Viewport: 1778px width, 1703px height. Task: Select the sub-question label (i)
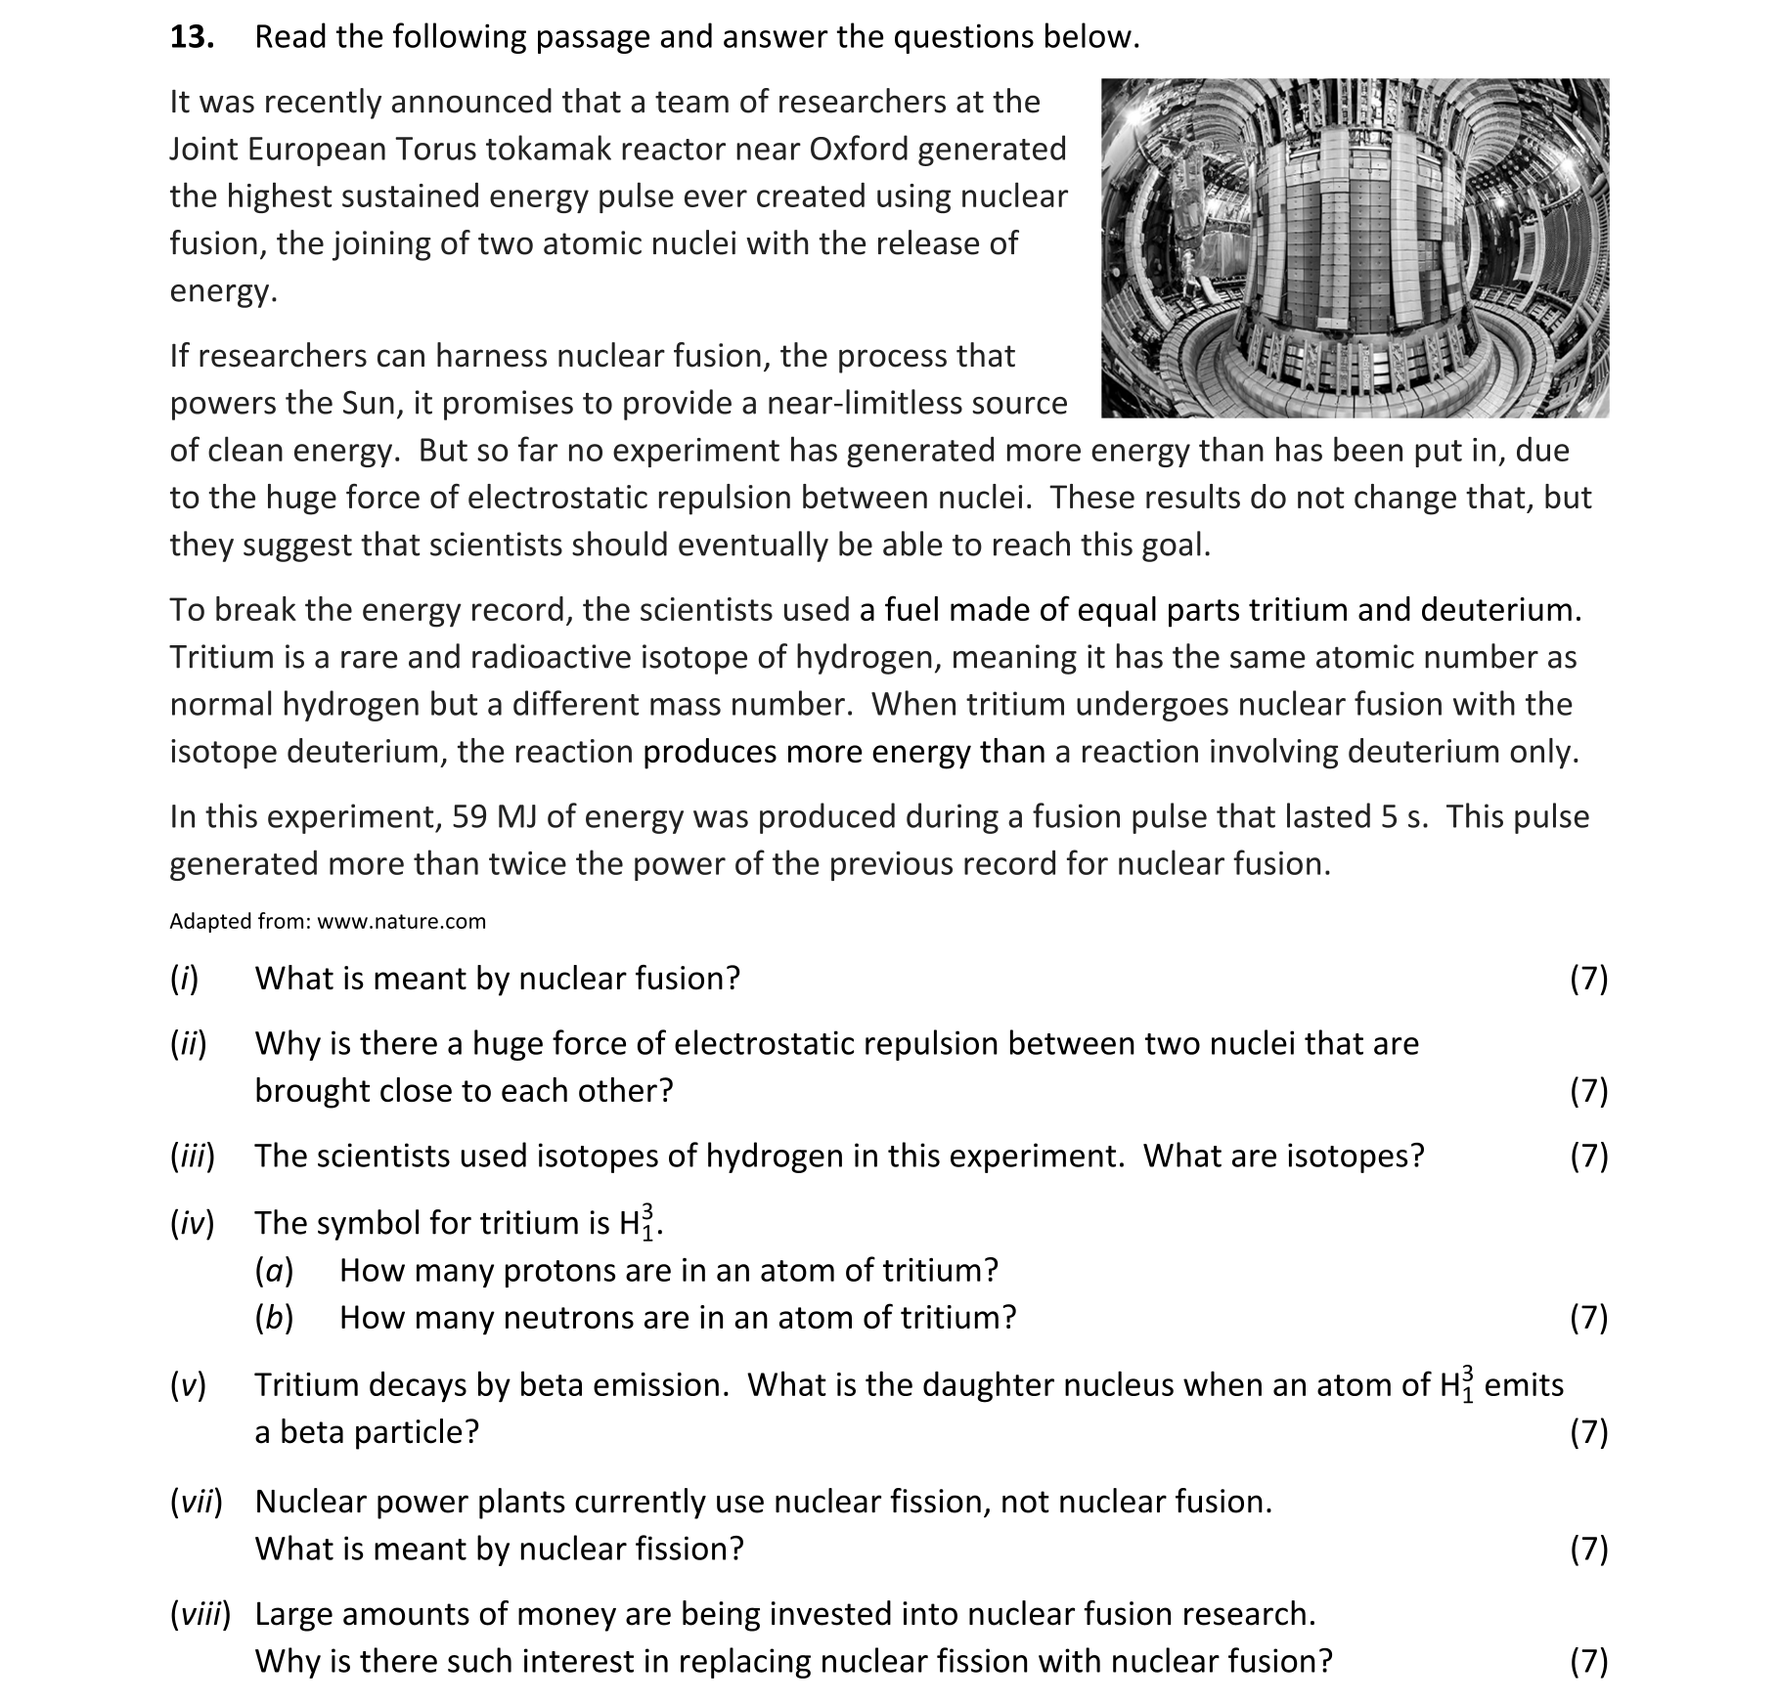[x=184, y=979]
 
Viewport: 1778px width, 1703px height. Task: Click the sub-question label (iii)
[x=192, y=1157]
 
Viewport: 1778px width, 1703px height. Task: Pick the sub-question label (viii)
[x=200, y=1614]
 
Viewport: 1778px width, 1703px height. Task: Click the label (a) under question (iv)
[x=274, y=1271]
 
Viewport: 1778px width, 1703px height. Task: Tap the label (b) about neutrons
[x=274, y=1318]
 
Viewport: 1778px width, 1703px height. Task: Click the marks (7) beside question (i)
[x=1588, y=979]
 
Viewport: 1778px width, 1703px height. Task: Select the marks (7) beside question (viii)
[x=1588, y=1661]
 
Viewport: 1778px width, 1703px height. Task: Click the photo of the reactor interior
[x=1355, y=248]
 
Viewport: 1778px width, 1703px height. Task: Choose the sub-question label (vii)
[x=196, y=1502]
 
